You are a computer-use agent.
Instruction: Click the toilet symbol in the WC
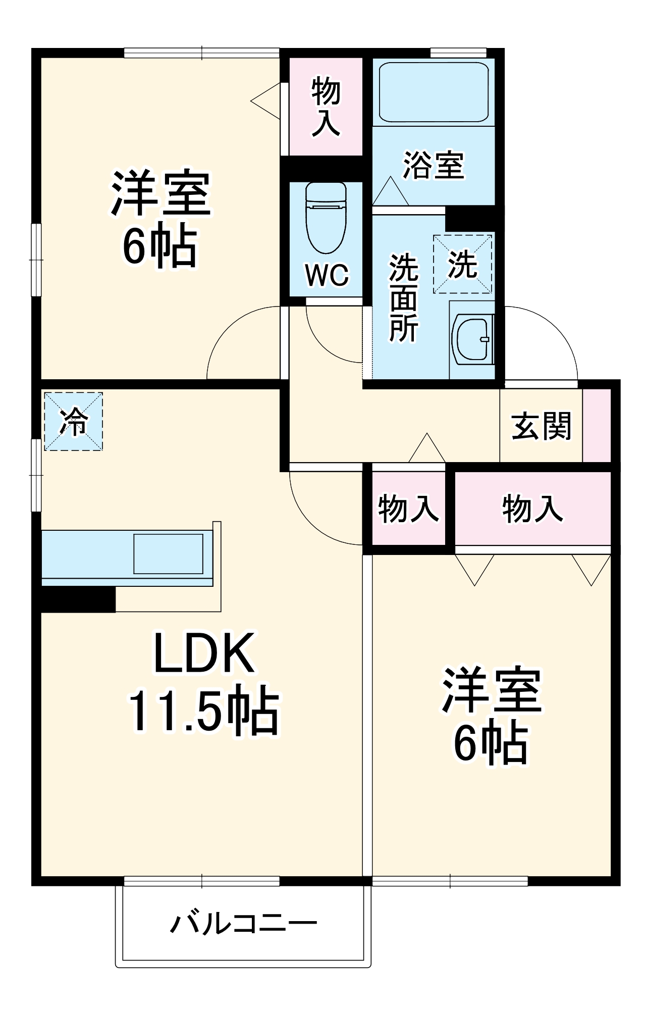click(326, 218)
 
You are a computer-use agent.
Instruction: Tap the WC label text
click(327, 275)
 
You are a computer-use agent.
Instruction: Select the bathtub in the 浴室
click(434, 91)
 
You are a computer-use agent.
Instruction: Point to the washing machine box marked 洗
click(462, 264)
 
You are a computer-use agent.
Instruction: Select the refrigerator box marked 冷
click(74, 421)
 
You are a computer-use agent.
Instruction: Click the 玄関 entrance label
click(541, 426)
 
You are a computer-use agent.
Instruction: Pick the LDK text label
click(203, 653)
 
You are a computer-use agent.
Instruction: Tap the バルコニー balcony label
click(243, 923)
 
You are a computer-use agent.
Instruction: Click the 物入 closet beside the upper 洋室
click(326, 107)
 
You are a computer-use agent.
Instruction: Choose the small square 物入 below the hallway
click(408, 508)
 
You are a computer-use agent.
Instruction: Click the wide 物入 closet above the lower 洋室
click(532, 508)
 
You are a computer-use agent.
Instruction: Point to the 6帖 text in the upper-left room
click(159, 246)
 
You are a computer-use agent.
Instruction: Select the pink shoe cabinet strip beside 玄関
click(597, 425)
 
